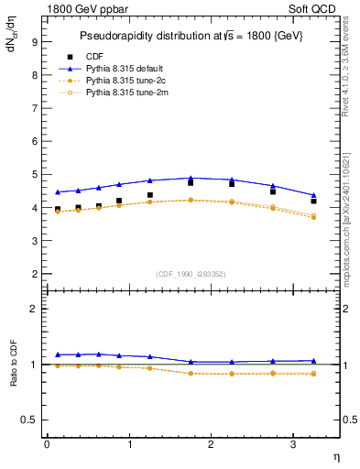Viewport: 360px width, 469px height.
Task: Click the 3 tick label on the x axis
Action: pyautogui.click(x=293, y=444)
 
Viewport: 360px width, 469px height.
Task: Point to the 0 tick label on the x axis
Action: pyautogui.click(x=47, y=444)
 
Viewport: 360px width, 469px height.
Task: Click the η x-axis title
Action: pyautogui.click(x=335, y=455)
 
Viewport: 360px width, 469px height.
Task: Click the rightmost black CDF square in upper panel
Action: pyautogui.click(x=313, y=201)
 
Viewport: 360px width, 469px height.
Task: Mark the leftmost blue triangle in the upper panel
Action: pyautogui.click(x=58, y=192)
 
